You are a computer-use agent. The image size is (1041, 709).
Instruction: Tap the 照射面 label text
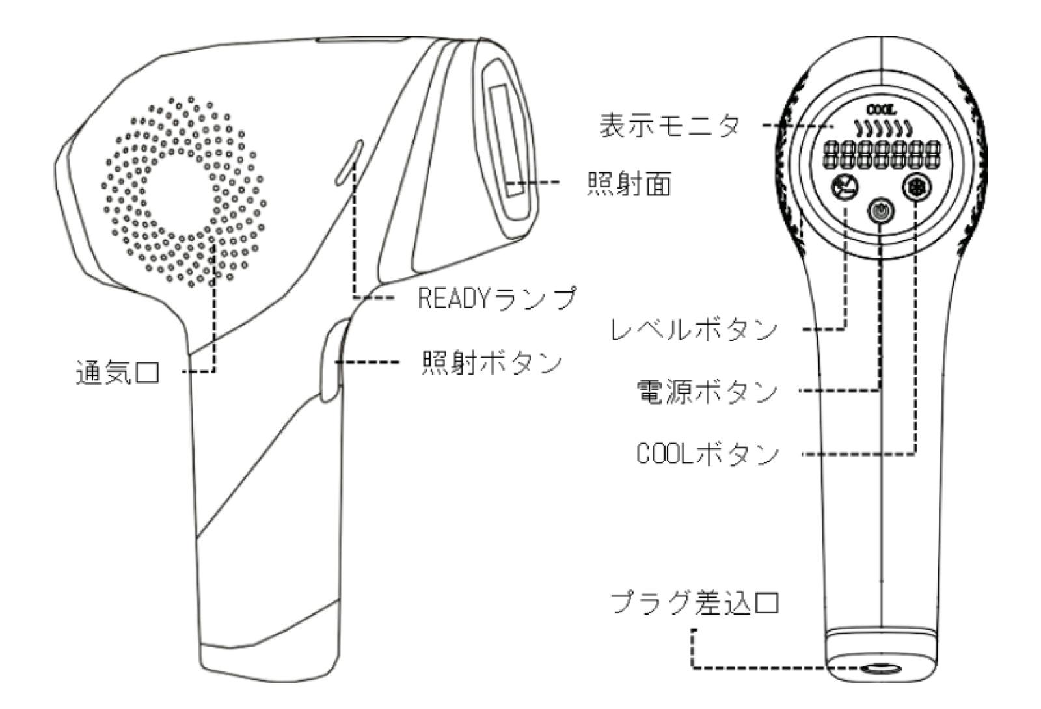629,184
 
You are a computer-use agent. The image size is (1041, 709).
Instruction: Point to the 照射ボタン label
492,363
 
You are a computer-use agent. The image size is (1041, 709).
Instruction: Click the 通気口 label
118,374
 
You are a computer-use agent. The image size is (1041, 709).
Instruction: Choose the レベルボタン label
694,330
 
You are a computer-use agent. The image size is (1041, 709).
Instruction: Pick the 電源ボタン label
707,392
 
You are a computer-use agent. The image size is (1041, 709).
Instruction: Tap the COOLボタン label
707,454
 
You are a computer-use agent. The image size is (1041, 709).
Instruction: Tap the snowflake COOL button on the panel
917,188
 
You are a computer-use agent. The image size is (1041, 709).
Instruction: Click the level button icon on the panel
845,188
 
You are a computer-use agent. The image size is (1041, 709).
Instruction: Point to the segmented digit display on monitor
881,155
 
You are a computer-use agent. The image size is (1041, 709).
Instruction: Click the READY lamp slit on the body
349,163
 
